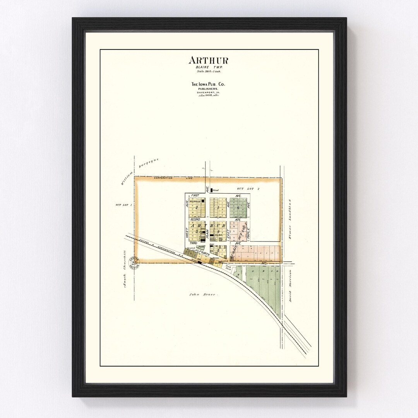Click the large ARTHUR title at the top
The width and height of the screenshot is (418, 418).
tap(208, 60)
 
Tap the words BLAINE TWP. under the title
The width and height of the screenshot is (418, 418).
tap(208, 67)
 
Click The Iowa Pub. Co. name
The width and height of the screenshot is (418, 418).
tap(208, 84)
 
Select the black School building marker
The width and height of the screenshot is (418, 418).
tap(212, 190)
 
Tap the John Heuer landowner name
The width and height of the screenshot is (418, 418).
tap(199, 295)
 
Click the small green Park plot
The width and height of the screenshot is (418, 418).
tap(200, 246)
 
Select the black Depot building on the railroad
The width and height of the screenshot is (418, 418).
tap(200, 262)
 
